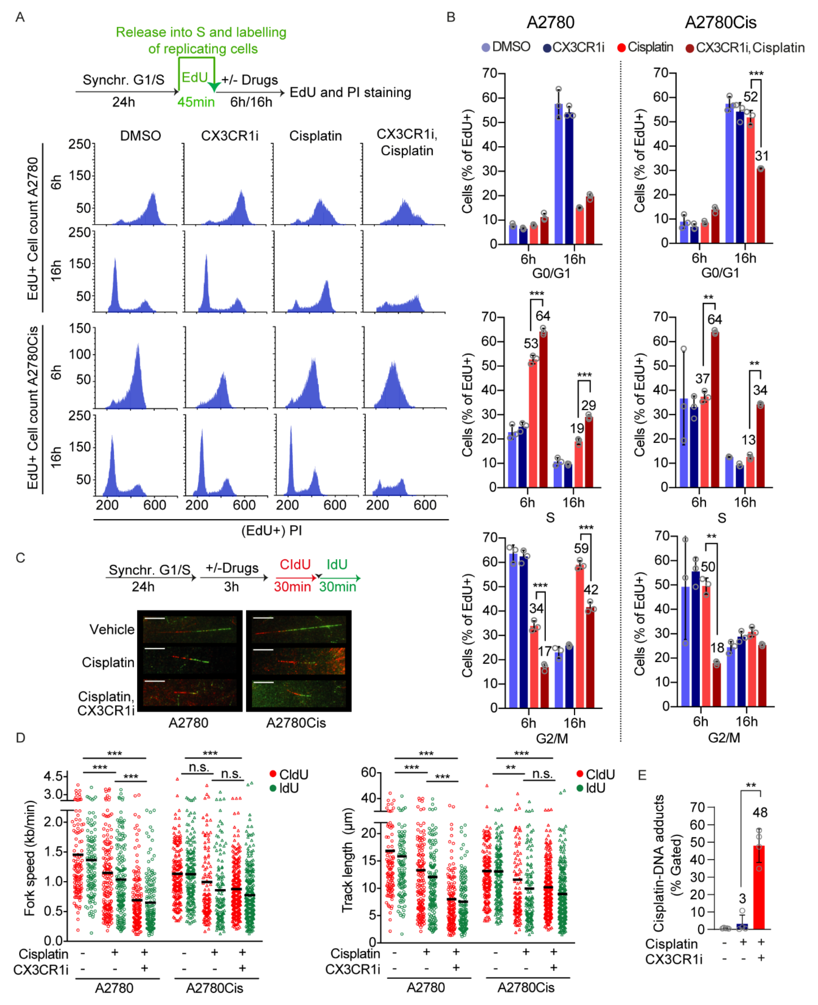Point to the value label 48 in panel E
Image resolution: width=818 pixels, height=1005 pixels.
760,812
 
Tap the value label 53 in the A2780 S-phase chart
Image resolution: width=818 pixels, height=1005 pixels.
531,343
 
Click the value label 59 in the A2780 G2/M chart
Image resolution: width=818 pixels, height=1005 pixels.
581,548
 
